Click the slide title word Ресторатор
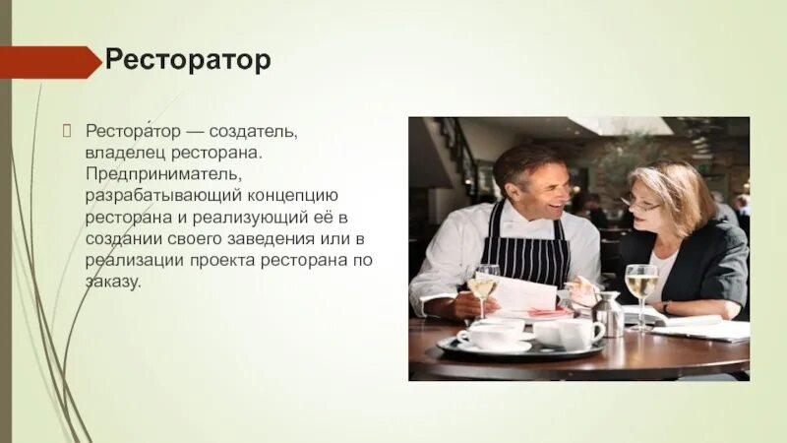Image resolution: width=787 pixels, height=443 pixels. [x=187, y=62]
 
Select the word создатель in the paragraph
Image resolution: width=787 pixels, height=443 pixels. [x=259, y=131]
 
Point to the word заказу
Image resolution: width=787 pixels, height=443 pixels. [x=112, y=281]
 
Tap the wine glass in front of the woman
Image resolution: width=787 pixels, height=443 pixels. [x=640, y=288]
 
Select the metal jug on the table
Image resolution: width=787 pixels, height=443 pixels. [x=608, y=313]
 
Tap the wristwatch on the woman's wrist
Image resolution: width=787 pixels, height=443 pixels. [x=666, y=308]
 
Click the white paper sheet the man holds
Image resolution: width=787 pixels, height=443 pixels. [x=523, y=293]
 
